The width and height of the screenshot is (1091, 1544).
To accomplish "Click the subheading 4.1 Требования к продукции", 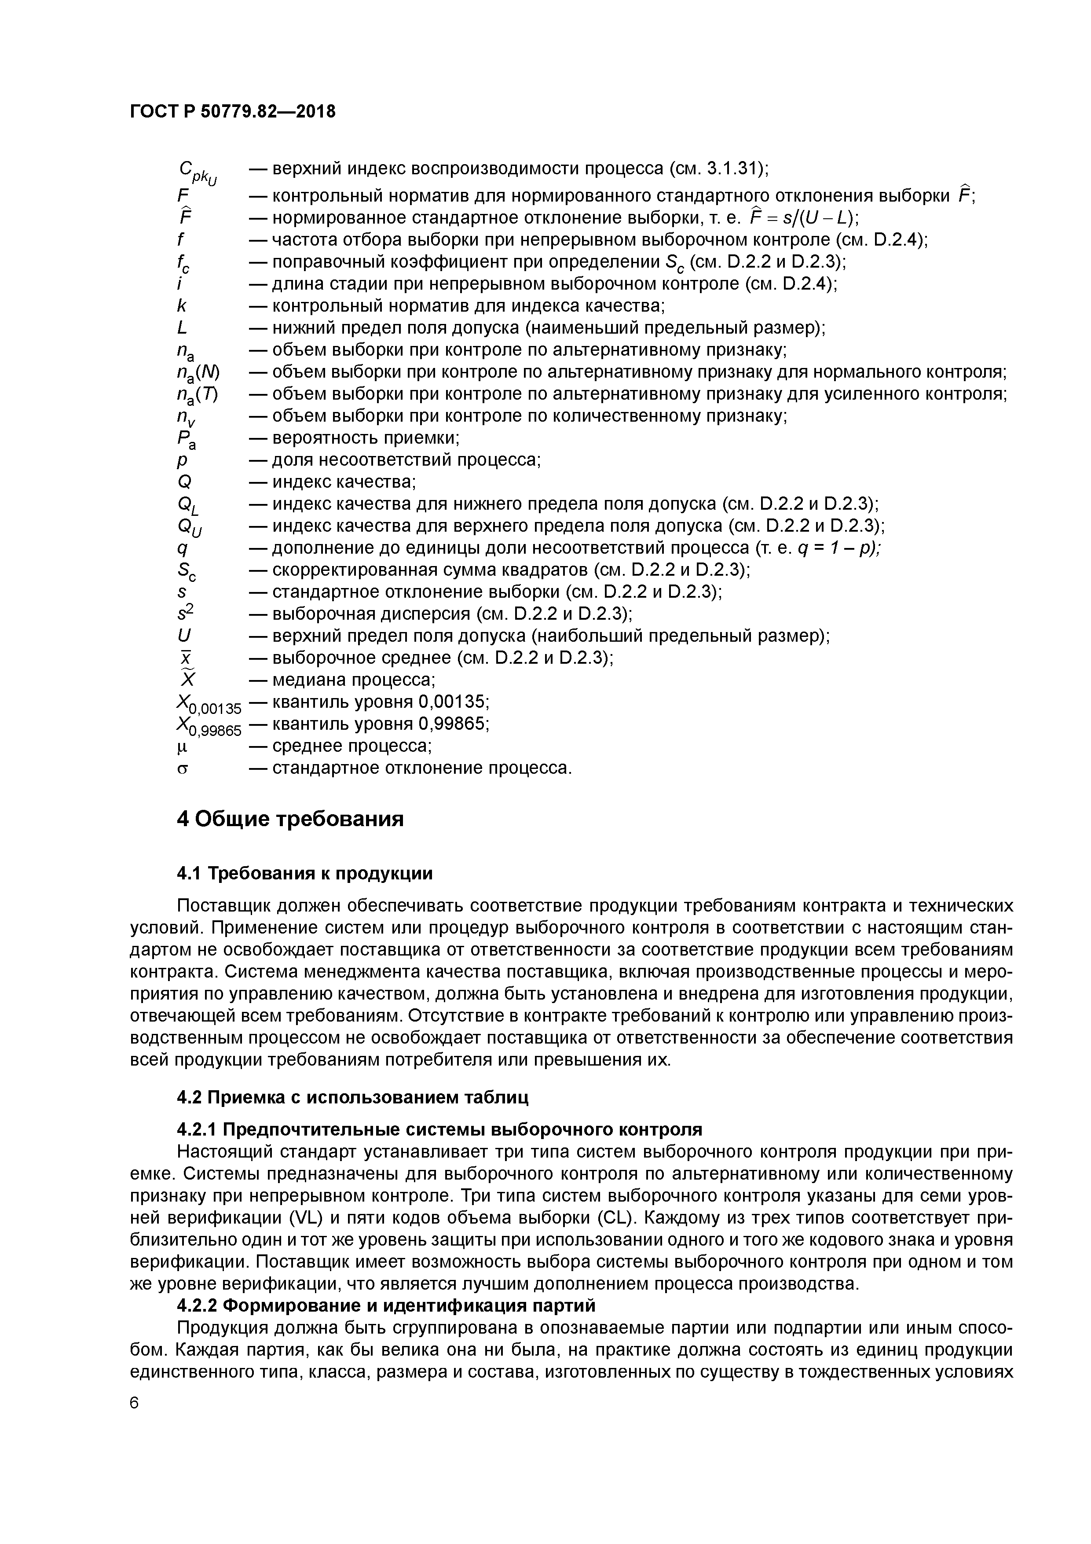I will pos(304,874).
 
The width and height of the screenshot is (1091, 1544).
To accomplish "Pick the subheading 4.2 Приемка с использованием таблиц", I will pos(352,1097).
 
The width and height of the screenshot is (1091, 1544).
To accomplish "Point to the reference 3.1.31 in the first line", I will pos(730,168).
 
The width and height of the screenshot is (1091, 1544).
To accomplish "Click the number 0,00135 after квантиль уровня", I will pos(450,702).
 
